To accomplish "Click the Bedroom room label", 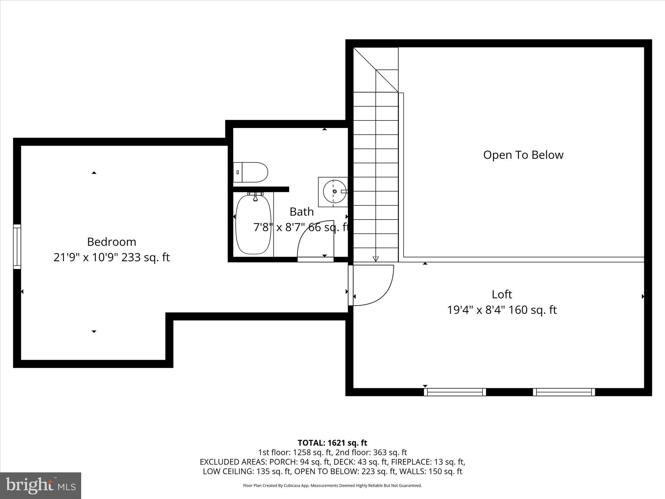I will tap(111, 242).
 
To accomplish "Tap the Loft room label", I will tap(502, 294).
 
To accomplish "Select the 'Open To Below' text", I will tap(523, 155).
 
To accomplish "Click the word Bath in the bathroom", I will tap(301, 212).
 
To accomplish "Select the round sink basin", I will tap(334, 192).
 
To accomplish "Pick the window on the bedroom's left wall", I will tap(17, 247).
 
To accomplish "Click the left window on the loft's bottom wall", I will tap(455, 392).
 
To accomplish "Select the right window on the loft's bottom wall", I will tap(564, 392).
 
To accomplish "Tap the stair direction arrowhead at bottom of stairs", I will tap(376, 259).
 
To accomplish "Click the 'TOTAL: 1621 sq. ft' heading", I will tap(332, 443).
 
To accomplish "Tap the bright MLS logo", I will tap(41, 486).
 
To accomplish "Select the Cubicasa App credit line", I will tap(332, 486).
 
